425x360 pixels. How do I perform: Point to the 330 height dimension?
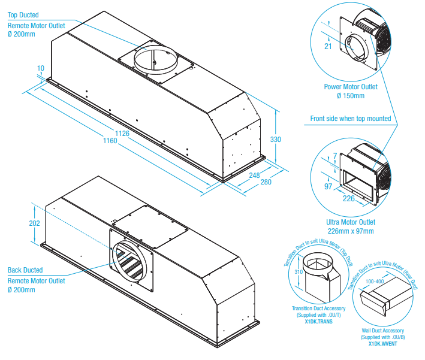pos(276,140)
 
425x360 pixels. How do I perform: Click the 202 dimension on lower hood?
pos(34,223)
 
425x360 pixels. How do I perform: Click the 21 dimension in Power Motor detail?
pos(327,47)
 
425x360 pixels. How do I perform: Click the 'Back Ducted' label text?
pos(25,270)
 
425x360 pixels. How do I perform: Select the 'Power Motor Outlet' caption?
pos(351,87)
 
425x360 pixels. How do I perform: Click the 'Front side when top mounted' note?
pos(350,119)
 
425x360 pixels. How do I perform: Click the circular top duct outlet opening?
pos(155,58)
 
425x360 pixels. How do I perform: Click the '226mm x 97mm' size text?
pos(351,231)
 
